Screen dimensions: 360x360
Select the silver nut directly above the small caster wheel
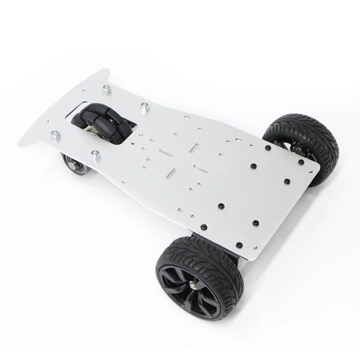pyautogui.click(x=94, y=155)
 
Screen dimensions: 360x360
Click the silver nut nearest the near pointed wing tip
pyautogui.click(x=54, y=134)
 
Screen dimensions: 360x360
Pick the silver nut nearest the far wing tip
pyautogui.click(x=107, y=89)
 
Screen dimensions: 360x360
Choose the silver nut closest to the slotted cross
pyautogui.click(x=144, y=107)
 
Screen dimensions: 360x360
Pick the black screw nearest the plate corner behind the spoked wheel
pyautogui.click(x=239, y=245)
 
